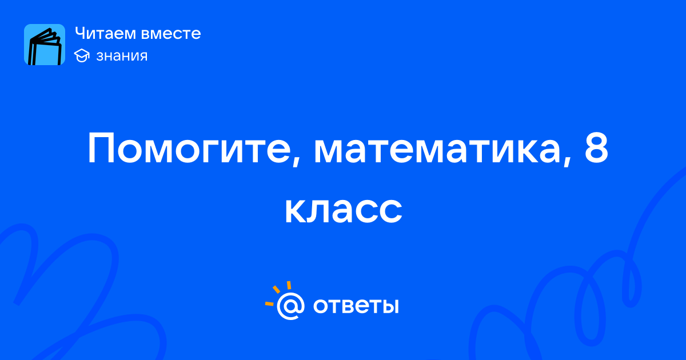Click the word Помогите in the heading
pyautogui.click(x=189, y=149)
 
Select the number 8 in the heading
pyautogui.click(x=596, y=148)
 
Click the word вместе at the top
pyautogui.click(x=171, y=34)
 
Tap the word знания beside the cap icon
pyautogui.click(x=122, y=56)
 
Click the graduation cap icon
pyautogui.click(x=82, y=56)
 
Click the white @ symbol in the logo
pyautogui.click(x=290, y=306)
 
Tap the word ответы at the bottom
pyautogui.click(x=356, y=306)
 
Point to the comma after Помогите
pyautogui.click(x=295, y=161)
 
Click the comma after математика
pyautogui.click(x=567, y=161)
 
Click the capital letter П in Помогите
pyautogui.click(x=101, y=149)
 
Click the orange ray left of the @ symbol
pyautogui.click(x=269, y=303)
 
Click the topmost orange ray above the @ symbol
pyautogui.click(x=289, y=285)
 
